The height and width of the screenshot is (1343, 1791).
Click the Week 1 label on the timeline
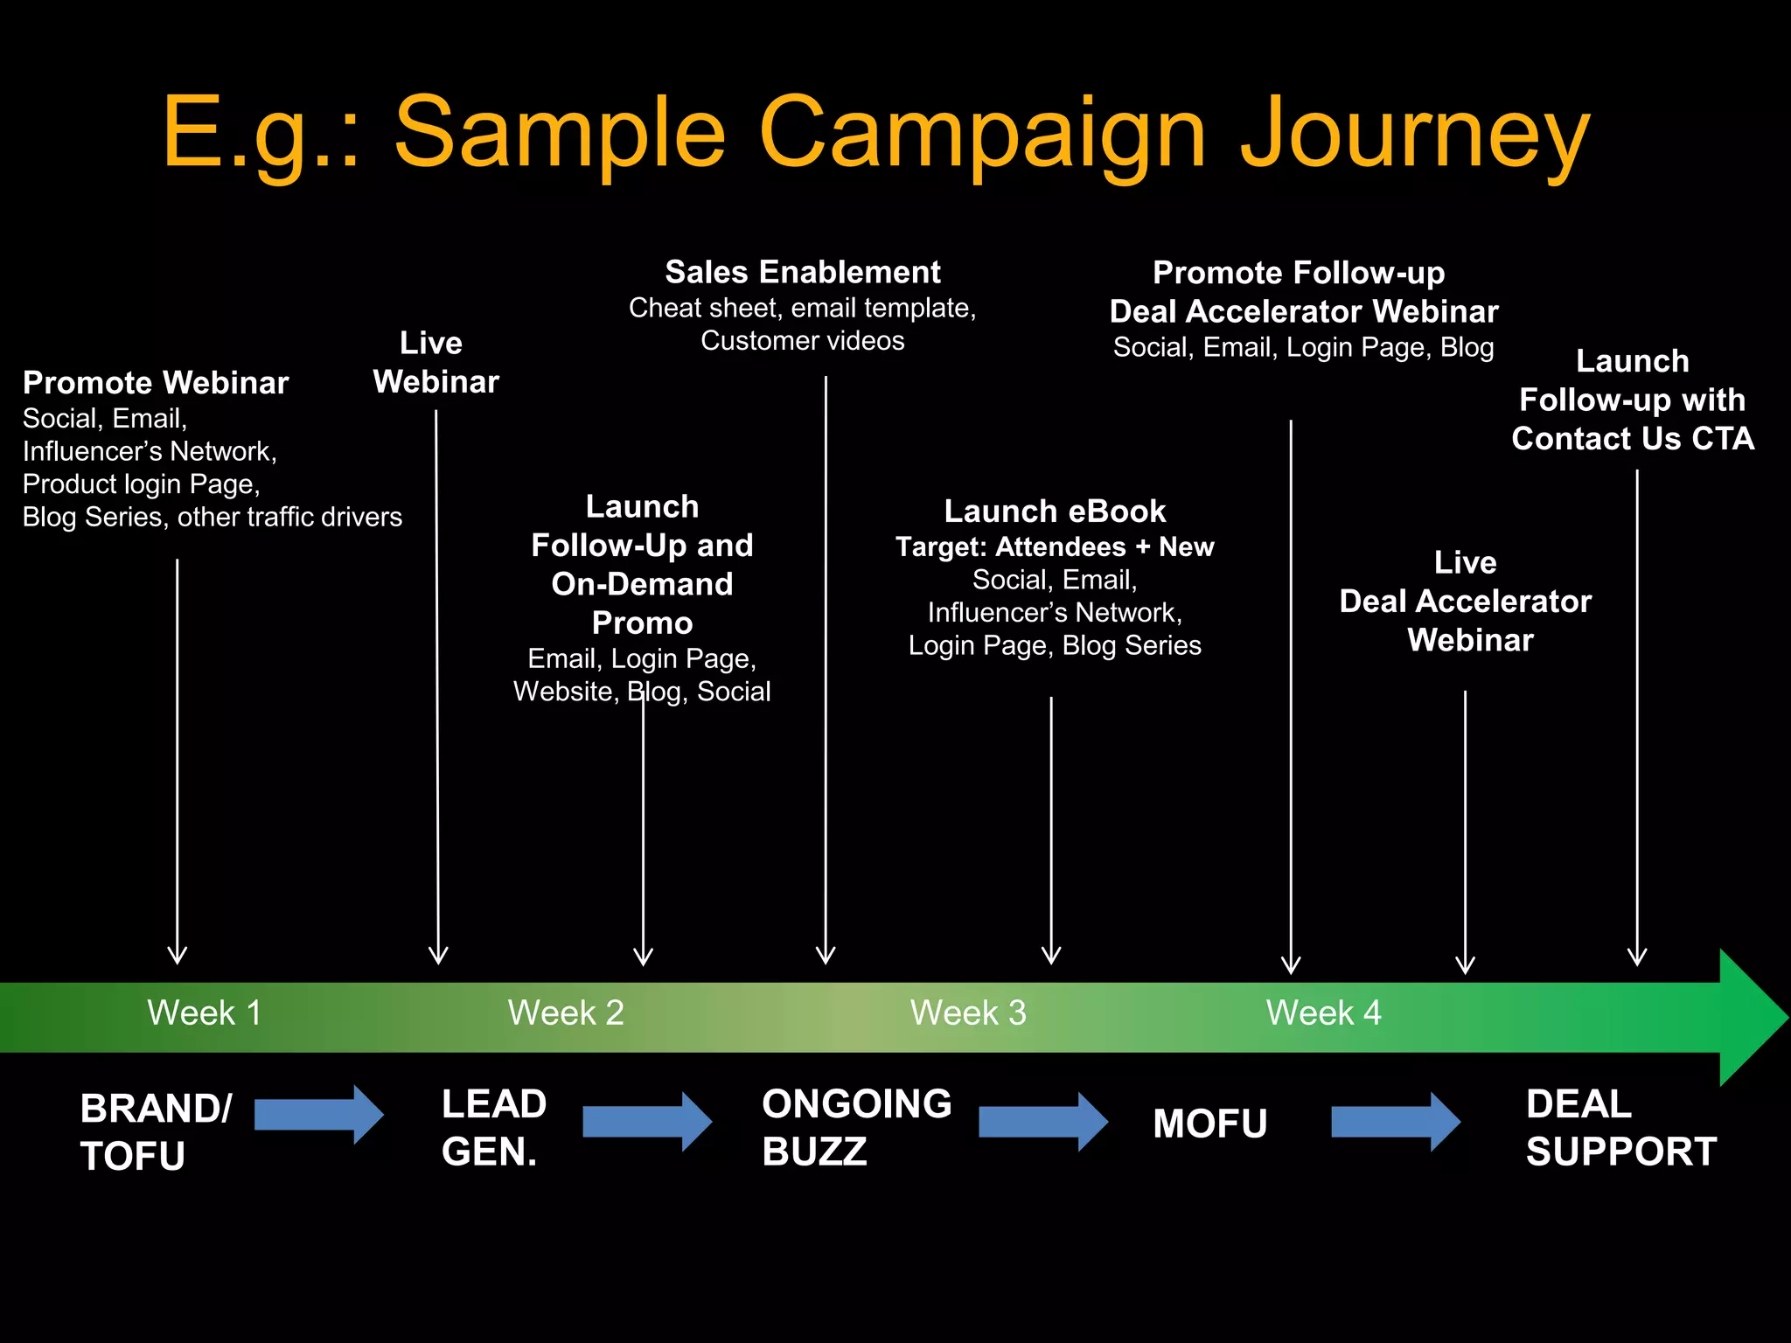pyautogui.click(x=204, y=1013)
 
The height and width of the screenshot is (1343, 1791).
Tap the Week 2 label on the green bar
pyautogui.click(x=566, y=1013)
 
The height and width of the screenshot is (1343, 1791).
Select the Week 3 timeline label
pyautogui.click(x=968, y=1013)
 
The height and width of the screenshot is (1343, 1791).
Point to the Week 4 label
pyautogui.click(x=1323, y=1013)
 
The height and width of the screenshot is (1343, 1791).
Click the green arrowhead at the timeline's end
pyautogui.click(x=1749, y=1018)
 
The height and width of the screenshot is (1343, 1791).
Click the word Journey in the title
pyautogui.click(x=1414, y=134)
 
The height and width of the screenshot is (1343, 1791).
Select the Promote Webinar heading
pyautogui.click(x=156, y=383)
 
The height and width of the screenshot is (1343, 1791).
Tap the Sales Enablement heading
pyautogui.click(x=802, y=272)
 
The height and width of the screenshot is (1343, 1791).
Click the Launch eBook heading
pyautogui.click(x=1055, y=511)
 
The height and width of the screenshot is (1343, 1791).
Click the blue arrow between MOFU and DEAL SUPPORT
pyautogui.click(x=1395, y=1121)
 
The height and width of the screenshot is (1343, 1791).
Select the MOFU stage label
pyautogui.click(x=1209, y=1124)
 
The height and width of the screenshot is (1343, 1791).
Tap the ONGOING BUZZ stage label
pyautogui.click(x=856, y=1128)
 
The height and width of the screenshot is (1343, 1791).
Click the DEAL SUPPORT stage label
pyautogui.click(x=1620, y=1128)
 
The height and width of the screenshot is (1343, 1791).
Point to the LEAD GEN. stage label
pyautogui.click(x=494, y=1128)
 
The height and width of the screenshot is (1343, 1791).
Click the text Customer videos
pyautogui.click(x=802, y=341)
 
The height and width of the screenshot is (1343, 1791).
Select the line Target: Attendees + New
pyautogui.click(x=1055, y=547)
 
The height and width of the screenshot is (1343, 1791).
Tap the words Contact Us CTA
pyautogui.click(x=1633, y=439)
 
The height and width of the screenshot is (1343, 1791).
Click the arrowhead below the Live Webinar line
pyautogui.click(x=438, y=956)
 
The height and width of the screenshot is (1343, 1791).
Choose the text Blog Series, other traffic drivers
pyautogui.click(x=213, y=518)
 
